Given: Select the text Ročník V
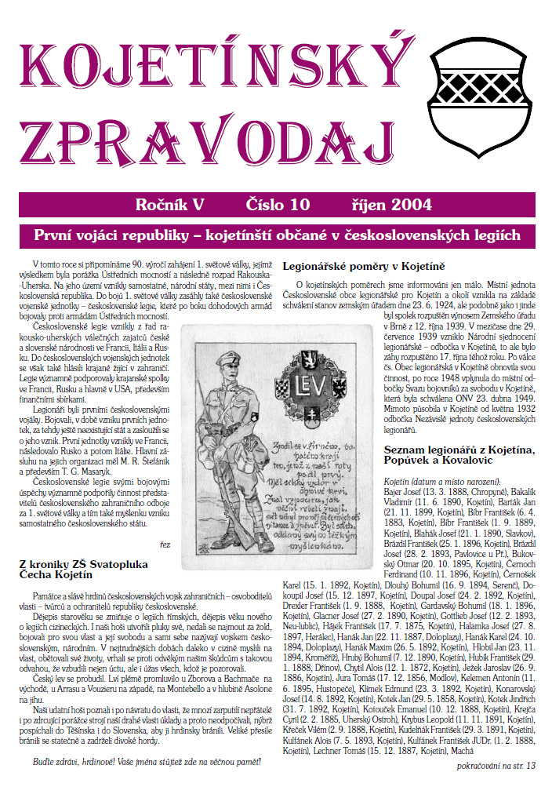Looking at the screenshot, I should (169, 205).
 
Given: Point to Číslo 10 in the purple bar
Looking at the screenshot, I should (278, 205).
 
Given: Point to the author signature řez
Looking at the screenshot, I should (165, 543).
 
